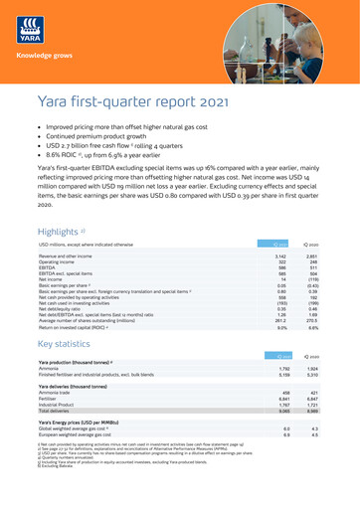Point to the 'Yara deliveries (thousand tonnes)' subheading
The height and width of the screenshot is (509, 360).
[79, 395]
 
